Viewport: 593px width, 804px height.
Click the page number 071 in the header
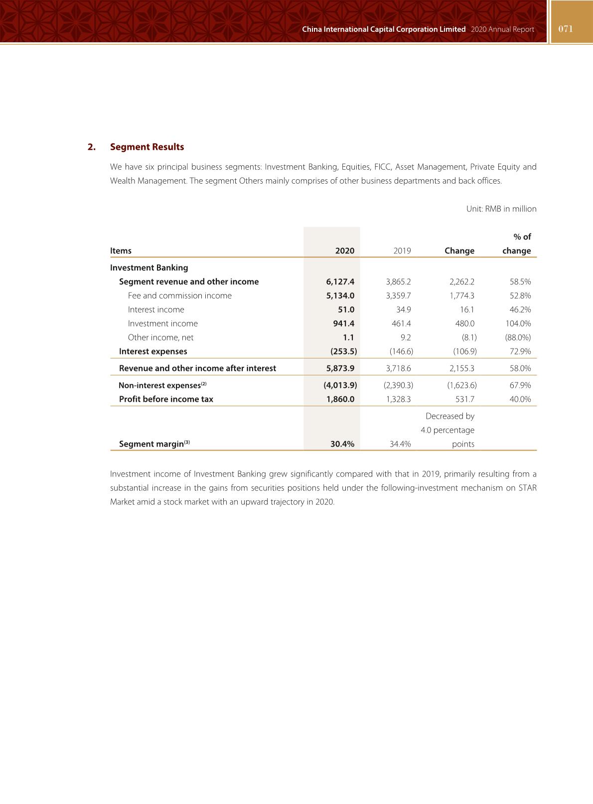point(566,29)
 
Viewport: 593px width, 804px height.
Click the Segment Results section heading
point(147,147)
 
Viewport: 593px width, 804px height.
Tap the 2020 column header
point(344,251)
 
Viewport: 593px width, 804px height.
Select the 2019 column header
point(402,251)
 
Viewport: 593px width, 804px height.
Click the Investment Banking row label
point(149,268)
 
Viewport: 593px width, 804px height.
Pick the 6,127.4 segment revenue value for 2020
point(340,282)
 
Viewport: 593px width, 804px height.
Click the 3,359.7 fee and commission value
point(398,296)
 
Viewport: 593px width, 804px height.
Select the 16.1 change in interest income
point(467,310)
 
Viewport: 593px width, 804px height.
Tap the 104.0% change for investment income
point(518,324)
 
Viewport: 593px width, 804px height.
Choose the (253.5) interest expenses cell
point(343,351)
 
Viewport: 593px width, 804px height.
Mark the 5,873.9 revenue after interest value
point(340,368)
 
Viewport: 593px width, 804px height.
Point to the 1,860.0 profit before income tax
point(340,399)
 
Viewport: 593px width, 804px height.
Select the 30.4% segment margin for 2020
point(342,444)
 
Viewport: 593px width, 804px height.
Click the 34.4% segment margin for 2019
point(400,444)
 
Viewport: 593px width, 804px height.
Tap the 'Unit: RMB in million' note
point(501,209)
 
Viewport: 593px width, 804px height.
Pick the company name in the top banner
point(384,29)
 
